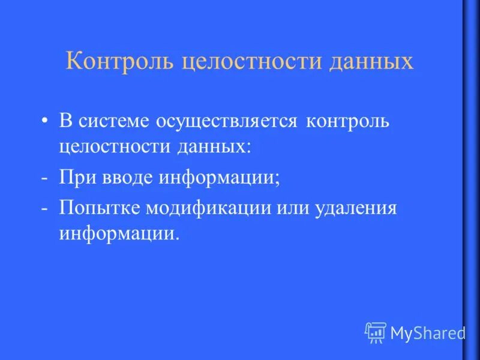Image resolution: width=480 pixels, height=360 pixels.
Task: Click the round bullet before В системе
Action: [x=45, y=121]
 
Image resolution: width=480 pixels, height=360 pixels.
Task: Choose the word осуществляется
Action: [x=227, y=121]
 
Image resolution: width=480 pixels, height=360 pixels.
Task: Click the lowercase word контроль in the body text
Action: [x=348, y=121]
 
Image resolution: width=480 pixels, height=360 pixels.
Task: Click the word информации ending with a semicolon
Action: [x=219, y=179]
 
